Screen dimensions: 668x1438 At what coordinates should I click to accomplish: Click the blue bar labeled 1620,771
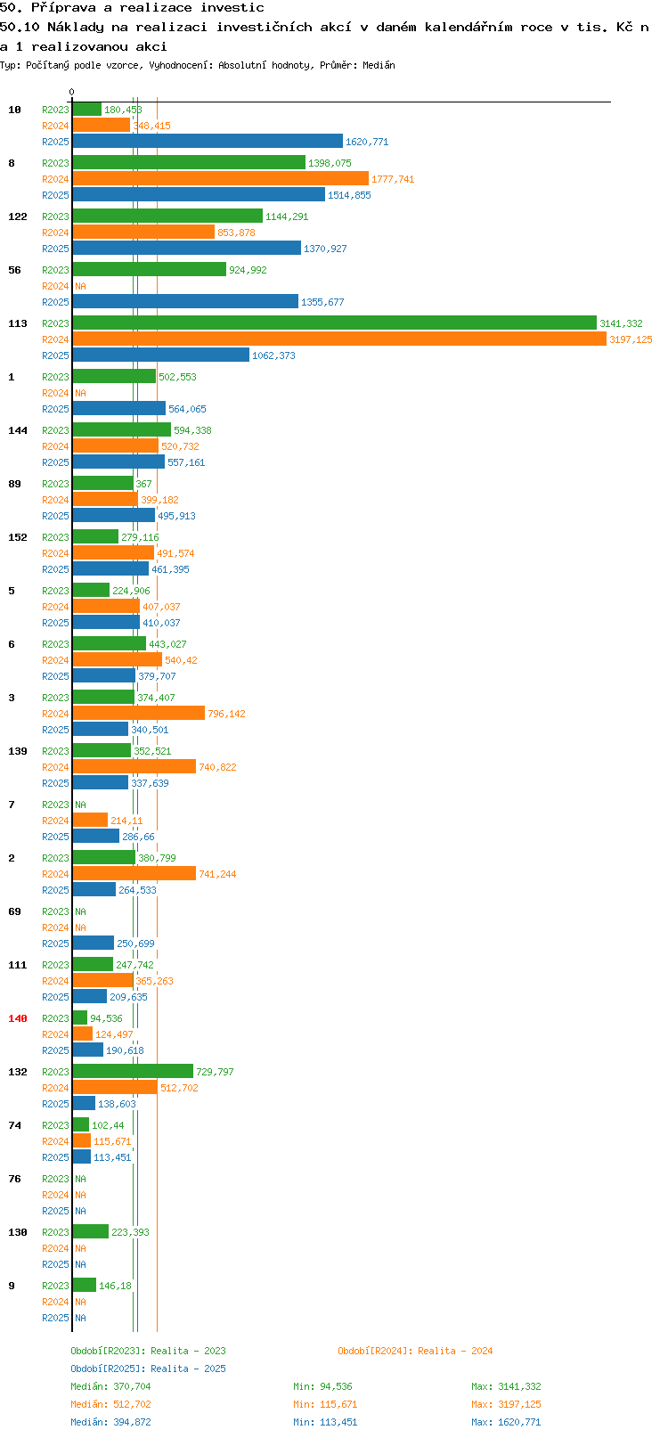pyautogui.click(x=208, y=142)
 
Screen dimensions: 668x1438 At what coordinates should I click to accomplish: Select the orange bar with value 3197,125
pyautogui.click(x=339, y=339)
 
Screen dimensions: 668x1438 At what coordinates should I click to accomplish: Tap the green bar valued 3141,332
pyautogui.click(x=335, y=323)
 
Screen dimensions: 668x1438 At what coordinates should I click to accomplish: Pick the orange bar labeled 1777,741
pyautogui.click(x=221, y=178)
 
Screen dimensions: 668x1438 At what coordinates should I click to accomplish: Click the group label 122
pyautogui.click(x=17, y=217)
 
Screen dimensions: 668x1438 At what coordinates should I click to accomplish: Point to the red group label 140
pyautogui.click(x=17, y=1018)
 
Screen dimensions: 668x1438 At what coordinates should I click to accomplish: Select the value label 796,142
pyautogui.click(x=226, y=714)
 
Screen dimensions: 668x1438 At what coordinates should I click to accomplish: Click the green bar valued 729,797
pyautogui.click(x=133, y=1072)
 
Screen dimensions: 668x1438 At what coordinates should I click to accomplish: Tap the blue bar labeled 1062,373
pyautogui.click(x=161, y=355)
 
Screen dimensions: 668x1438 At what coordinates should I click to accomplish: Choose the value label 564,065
pyautogui.click(x=187, y=408)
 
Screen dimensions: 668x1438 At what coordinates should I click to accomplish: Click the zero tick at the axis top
pyautogui.click(x=71, y=92)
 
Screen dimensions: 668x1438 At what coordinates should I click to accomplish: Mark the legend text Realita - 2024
pyautogui.click(x=455, y=1351)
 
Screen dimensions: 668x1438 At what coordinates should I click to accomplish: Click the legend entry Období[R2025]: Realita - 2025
pyautogui.click(x=148, y=1369)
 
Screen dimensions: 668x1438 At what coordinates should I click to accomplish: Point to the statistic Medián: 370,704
pyautogui.click(x=111, y=1386)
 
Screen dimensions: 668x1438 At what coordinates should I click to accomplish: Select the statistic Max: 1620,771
pyautogui.click(x=506, y=1422)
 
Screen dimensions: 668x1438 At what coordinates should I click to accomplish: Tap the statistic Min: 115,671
pyautogui.click(x=325, y=1404)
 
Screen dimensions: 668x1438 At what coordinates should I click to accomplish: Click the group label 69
pyautogui.click(x=14, y=911)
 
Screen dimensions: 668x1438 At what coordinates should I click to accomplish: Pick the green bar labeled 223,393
pyautogui.click(x=91, y=1232)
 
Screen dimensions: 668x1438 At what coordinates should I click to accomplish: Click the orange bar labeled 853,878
pyautogui.click(x=143, y=232)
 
